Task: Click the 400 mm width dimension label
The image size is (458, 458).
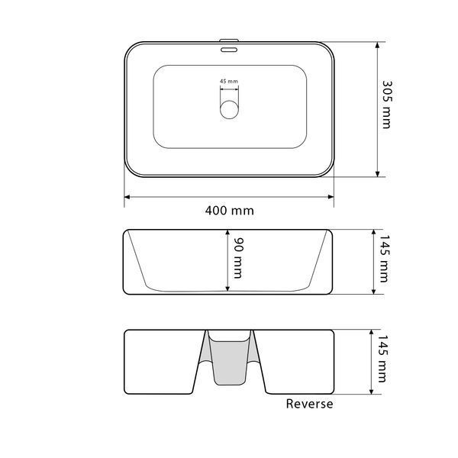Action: tap(229, 211)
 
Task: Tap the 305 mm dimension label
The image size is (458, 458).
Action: tap(387, 105)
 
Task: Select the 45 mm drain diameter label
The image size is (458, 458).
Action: tap(229, 81)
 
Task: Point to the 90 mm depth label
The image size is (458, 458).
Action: tap(239, 258)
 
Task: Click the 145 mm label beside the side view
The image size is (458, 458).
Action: tap(384, 259)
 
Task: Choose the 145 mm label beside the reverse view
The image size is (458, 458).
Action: tap(382, 359)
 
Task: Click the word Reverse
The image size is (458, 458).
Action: tap(309, 404)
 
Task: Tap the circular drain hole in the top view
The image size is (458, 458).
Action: tap(229, 109)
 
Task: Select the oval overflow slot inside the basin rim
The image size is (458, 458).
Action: tap(229, 50)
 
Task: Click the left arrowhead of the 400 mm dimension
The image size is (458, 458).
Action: tap(127, 197)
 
